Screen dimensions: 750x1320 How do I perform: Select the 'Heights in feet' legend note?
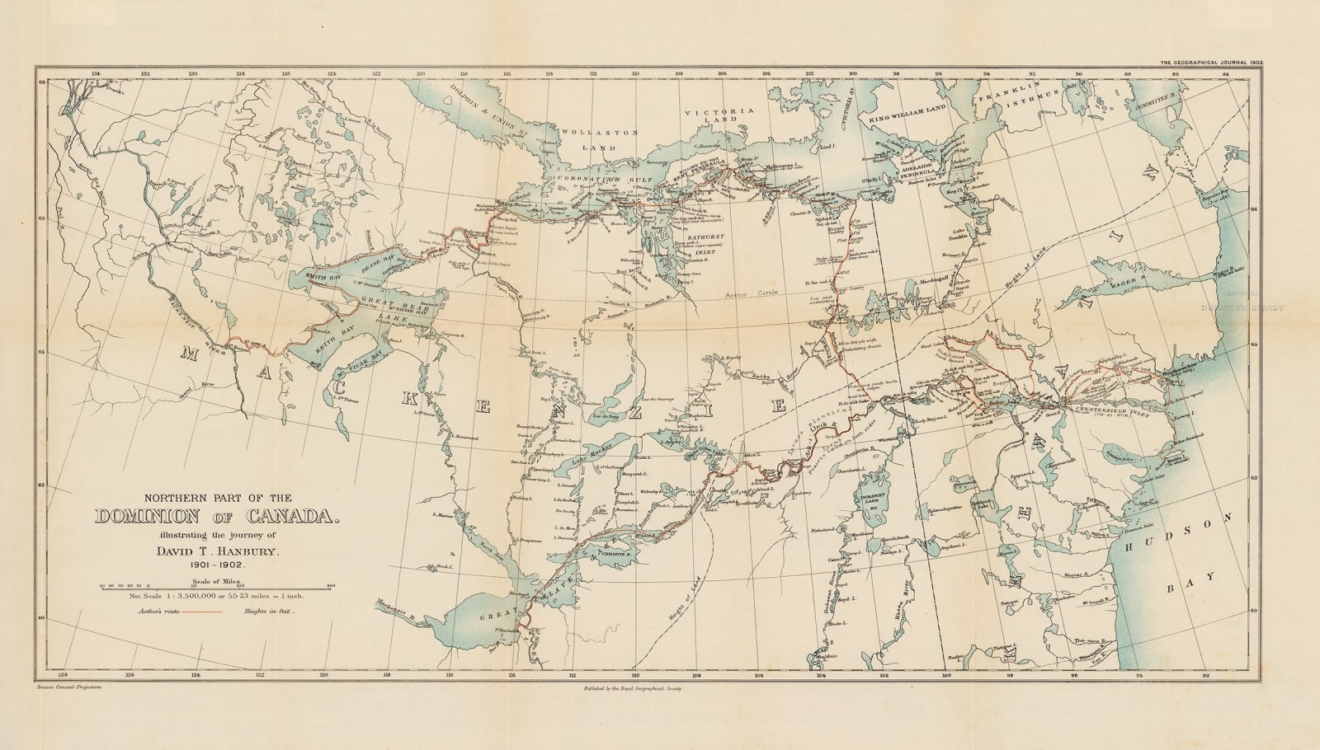(270, 612)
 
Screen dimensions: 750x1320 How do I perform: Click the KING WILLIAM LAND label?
(912, 120)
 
